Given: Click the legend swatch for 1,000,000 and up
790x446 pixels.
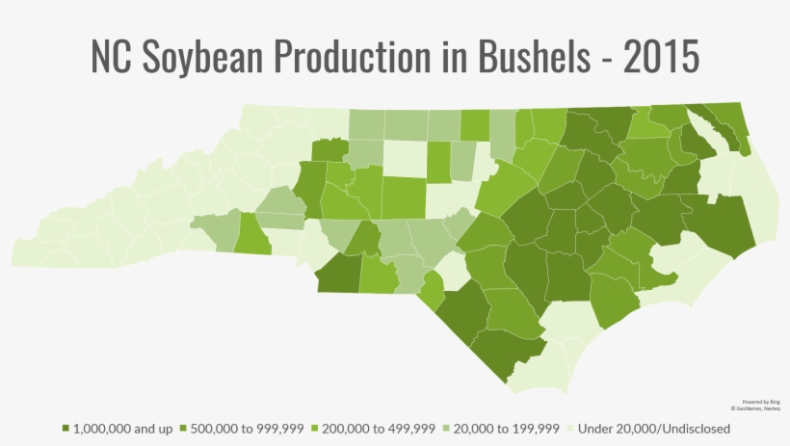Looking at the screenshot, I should (66, 428).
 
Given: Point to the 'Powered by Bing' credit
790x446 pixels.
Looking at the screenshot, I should (761, 401).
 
